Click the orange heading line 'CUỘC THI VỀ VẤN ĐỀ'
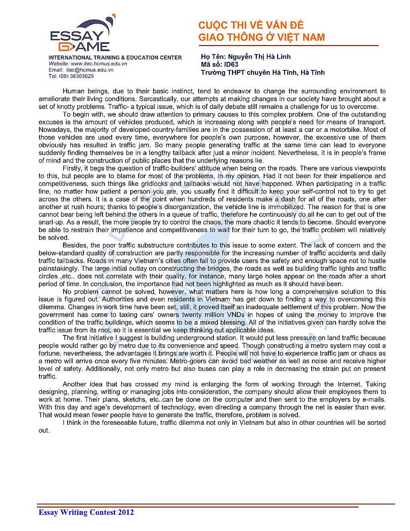coord(251,25)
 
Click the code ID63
coord(231,64)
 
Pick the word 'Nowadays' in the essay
coord(55,130)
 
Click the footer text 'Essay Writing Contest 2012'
coord(86,512)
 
